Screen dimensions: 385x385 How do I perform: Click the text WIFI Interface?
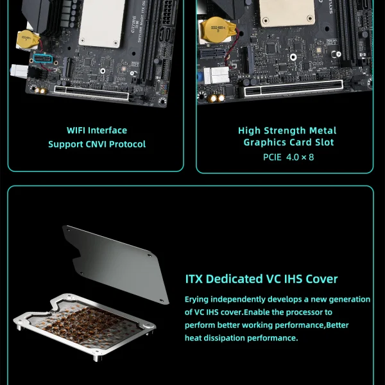(x=97, y=130)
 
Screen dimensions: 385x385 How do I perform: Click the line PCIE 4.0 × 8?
(x=288, y=157)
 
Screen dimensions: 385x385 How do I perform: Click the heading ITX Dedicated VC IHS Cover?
(x=261, y=279)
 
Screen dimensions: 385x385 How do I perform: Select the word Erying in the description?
(x=199, y=300)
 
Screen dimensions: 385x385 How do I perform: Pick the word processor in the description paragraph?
(x=300, y=312)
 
